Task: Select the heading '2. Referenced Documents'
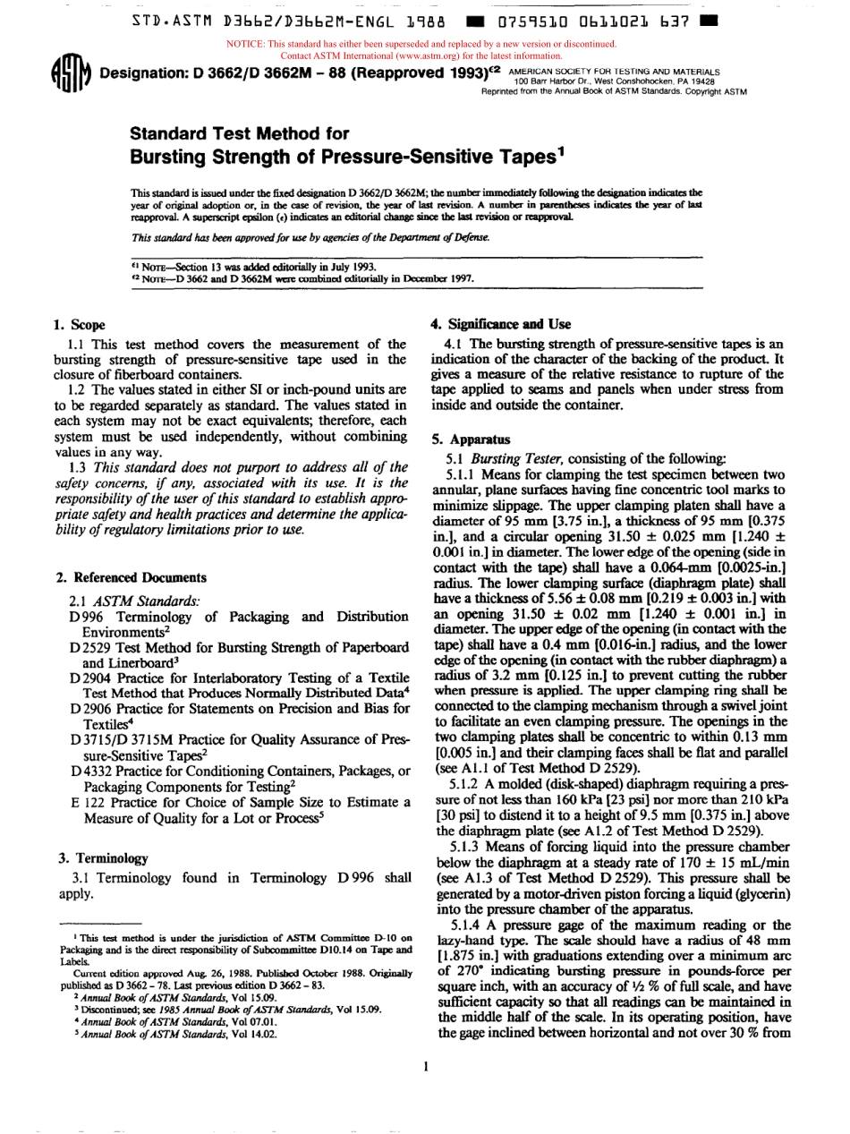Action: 129,577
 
